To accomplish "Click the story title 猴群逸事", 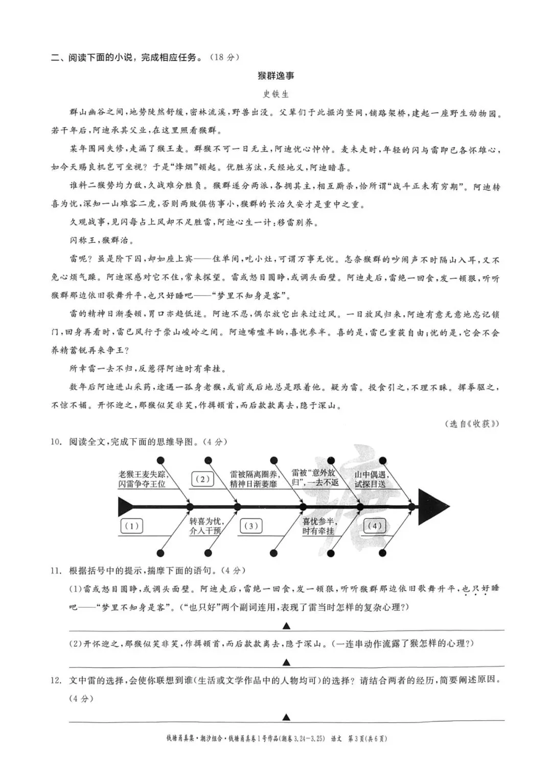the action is [276, 76].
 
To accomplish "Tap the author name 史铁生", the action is [276, 94].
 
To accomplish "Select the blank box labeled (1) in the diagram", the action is [131, 526].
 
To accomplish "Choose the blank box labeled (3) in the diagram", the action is [250, 526].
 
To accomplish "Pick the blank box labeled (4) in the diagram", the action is [375, 526].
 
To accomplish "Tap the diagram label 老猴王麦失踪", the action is [142, 474].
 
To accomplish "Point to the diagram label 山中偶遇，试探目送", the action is [371, 479].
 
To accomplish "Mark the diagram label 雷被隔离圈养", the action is [253, 474].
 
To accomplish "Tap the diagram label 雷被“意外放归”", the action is [314, 474].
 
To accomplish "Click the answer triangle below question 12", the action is [287, 717].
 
